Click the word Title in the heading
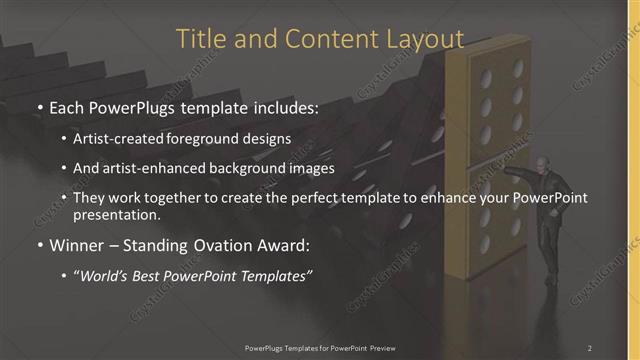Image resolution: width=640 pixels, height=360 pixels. tap(200, 39)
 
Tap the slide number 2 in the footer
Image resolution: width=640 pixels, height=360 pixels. tap(590, 347)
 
